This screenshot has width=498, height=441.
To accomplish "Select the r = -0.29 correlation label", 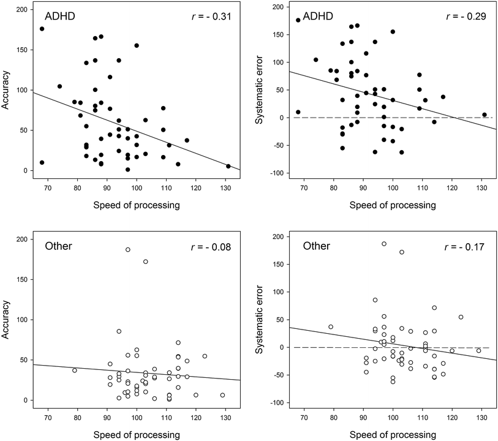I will coord(465,16).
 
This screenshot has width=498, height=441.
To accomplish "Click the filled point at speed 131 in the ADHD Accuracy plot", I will coord(228,166).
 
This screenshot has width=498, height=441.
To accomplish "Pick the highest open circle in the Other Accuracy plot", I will coord(127,249).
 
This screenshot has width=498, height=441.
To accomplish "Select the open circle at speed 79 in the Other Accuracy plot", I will coord(75,370).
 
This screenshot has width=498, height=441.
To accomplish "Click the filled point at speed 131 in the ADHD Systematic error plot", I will coord(484,115).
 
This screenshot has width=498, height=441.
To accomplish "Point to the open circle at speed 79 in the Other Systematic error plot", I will coord(331,326).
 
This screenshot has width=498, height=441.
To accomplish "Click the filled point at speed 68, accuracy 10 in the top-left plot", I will coord(42,162).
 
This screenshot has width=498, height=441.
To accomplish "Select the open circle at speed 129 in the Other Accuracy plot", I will coord(222,395).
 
